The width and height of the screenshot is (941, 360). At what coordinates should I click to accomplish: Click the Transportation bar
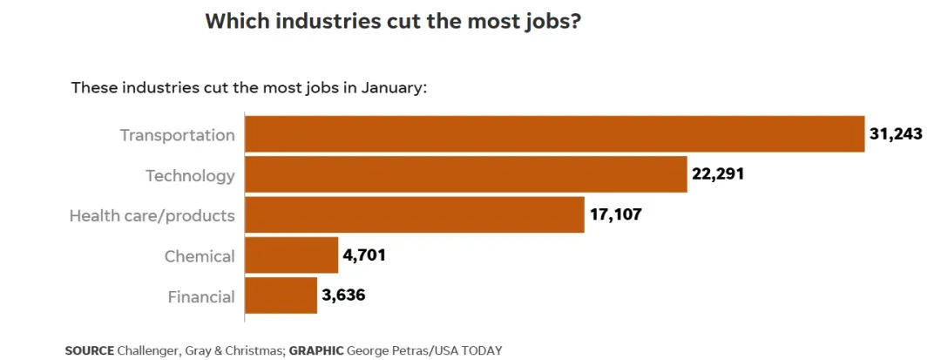coord(554,134)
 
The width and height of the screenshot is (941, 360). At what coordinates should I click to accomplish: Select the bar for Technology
coord(465,174)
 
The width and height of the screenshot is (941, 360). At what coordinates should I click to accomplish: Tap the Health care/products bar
coord(414,214)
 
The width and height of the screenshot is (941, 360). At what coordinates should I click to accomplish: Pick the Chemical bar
coord(291,255)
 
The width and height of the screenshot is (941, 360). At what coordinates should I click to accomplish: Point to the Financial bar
coord(281,295)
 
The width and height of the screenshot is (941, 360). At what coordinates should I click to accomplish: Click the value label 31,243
coord(896,134)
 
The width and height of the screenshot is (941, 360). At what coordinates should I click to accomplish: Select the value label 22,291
coord(718,174)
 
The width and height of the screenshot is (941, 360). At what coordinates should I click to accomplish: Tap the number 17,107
coord(615,214)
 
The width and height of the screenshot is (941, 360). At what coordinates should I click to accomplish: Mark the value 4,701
coord(365,255)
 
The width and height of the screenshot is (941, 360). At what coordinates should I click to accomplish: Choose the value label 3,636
coord(343,295)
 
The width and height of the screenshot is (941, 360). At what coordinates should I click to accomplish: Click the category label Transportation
coord(177,135)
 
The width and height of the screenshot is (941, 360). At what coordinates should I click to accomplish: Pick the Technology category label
coord(190,175)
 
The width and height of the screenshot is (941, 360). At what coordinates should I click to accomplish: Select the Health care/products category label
coord(152,215)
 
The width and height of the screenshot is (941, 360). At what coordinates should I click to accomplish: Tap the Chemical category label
coord(200,256)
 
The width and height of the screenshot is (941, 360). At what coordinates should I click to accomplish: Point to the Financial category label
coord(201,296)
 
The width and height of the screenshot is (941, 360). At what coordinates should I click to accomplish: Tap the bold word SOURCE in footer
coord(89,350)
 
